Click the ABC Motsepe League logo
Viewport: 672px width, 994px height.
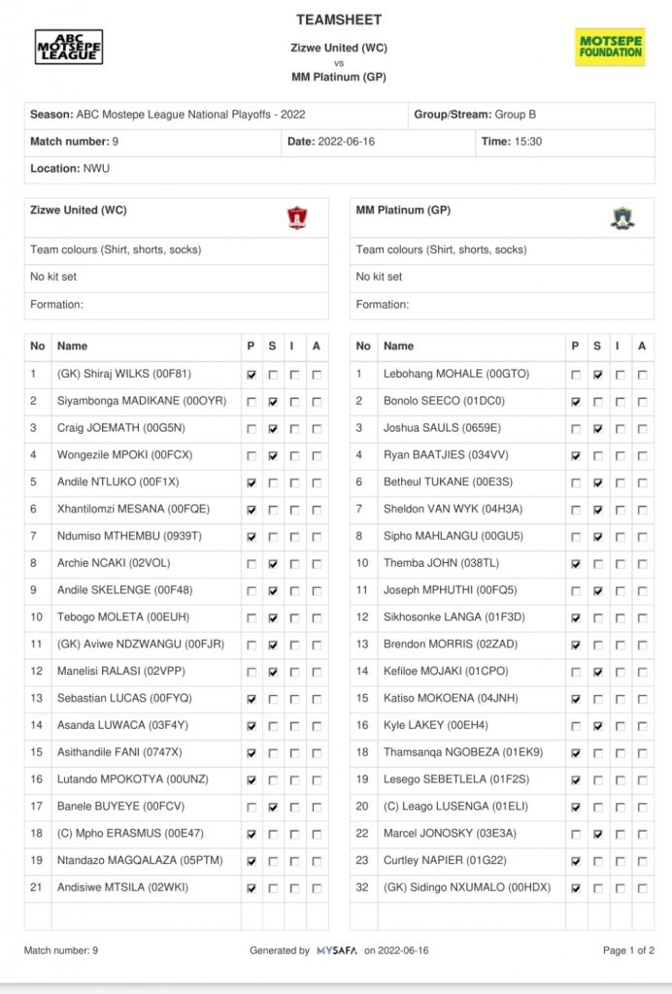69,47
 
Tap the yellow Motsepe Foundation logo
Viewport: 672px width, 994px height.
610,47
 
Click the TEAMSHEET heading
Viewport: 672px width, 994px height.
339,19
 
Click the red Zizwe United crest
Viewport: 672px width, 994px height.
297,217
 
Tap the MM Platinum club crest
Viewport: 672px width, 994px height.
622,217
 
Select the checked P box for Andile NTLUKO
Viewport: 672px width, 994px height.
252,482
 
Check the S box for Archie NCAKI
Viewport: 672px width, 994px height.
273,563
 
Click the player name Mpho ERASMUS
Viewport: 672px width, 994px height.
118,833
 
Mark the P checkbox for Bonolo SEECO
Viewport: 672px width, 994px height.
577,401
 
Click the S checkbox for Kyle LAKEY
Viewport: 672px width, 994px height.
598,725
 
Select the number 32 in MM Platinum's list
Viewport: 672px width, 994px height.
363,887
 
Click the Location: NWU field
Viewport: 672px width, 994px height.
70,169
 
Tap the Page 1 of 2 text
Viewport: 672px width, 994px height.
628,951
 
